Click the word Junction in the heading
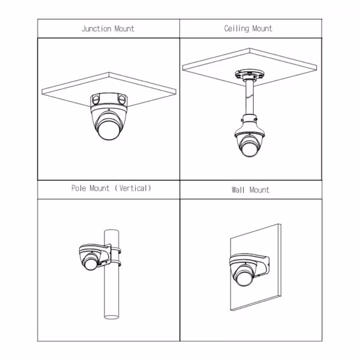97,29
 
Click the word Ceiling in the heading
236,29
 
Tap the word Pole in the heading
79,188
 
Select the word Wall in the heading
238,190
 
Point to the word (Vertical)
133,188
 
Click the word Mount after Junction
124,29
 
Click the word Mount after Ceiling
262,28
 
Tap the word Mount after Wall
259,190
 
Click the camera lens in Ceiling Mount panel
250,149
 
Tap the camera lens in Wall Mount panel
244,278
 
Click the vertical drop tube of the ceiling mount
250,97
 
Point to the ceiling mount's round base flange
250,74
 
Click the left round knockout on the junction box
96,100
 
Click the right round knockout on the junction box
122,99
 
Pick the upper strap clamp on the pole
115,250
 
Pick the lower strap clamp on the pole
115,263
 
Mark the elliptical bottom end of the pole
112,317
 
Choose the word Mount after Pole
100,188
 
